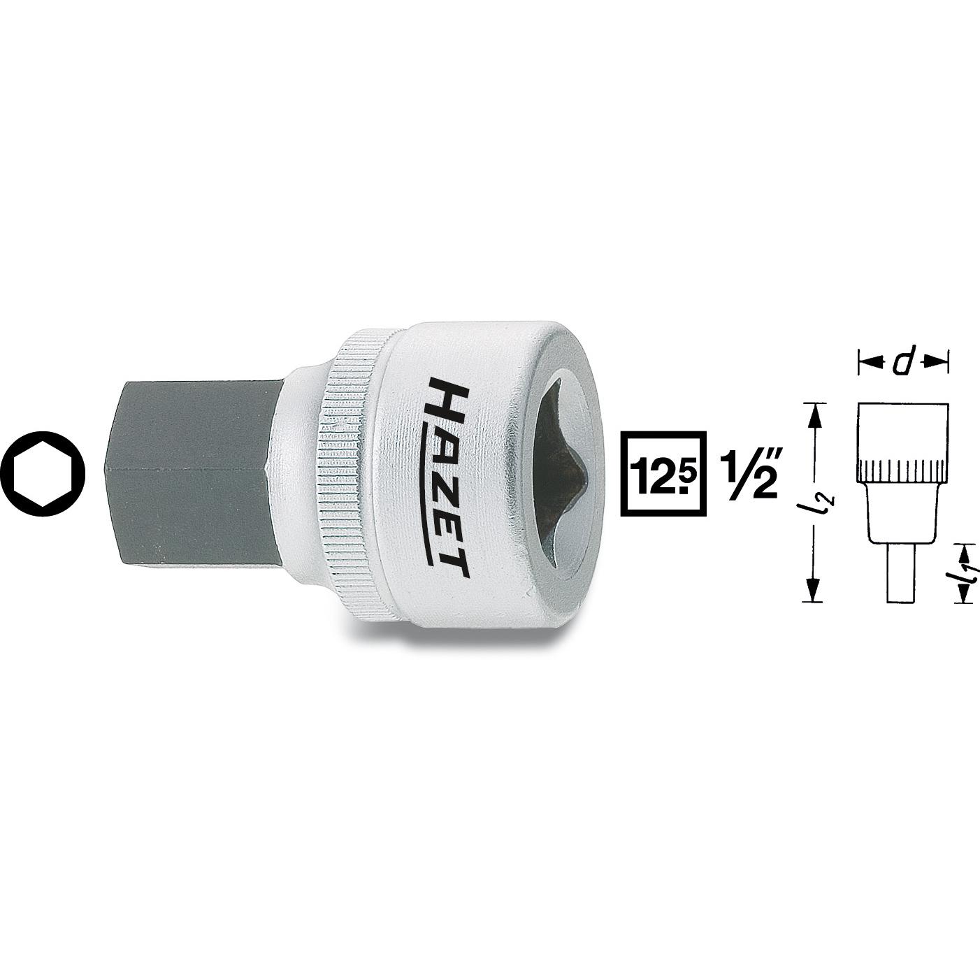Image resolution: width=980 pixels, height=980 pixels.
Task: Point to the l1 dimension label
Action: (x=967, y=572)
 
